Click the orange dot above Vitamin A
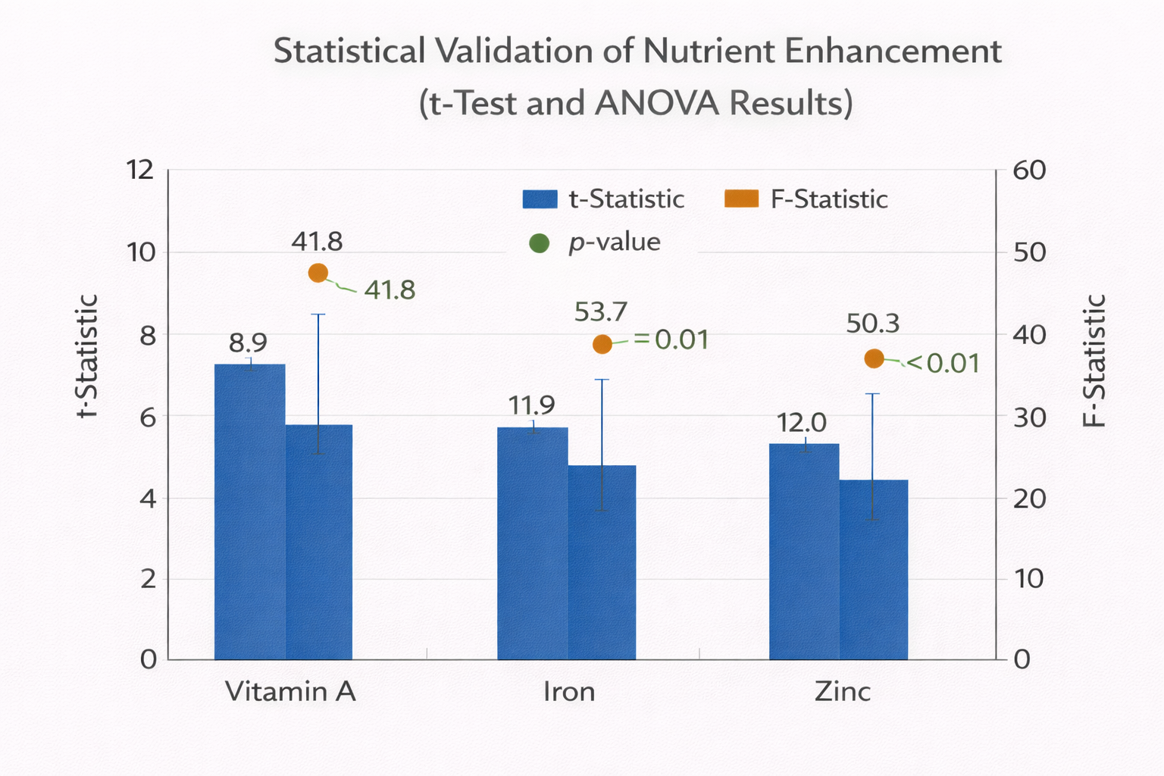point(318,273)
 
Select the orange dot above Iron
point(602,344)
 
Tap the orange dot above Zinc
point(875,358)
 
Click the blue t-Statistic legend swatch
point(540,199)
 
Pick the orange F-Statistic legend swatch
point(741,199)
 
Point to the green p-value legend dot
point(540,243)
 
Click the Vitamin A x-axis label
point(291,691)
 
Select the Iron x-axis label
point(569,691)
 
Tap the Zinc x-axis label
point(843,691)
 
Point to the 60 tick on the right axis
point(1030,171)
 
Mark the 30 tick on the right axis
point(1030,417)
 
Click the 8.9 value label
point(249,343)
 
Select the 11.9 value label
point(532,405)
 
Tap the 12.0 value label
point(802,423)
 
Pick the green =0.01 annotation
point(672,340)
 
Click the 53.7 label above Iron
point(601,311)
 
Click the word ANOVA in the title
point(656,103)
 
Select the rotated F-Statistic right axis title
point(1094,361)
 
